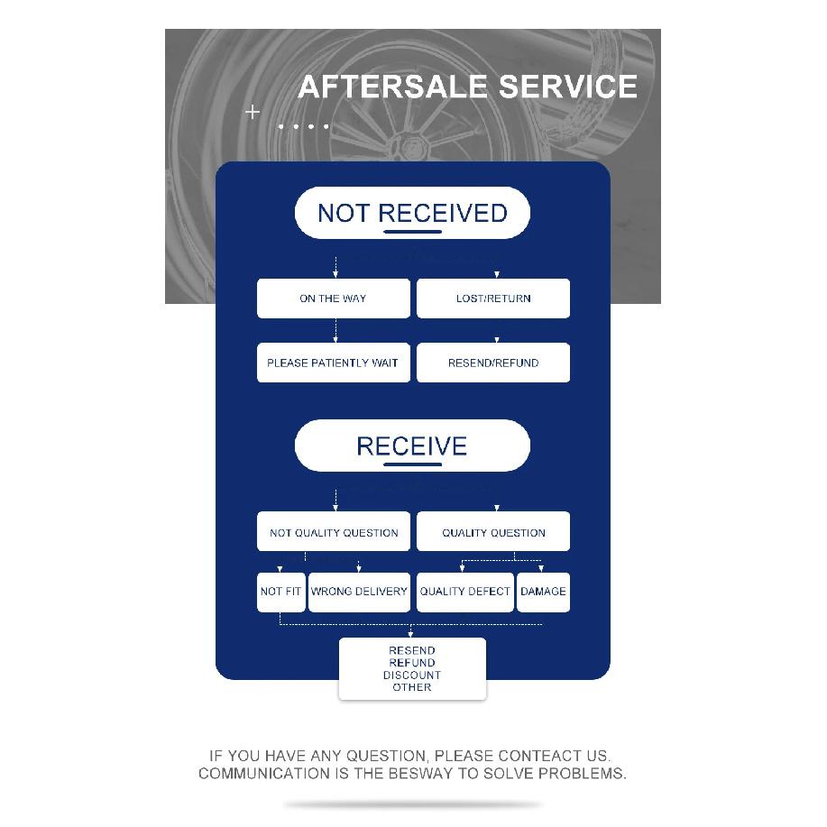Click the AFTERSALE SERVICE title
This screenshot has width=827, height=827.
tap(467, 87)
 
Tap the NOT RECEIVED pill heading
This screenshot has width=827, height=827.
tap(412, 213)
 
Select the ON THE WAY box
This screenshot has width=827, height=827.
tap(334, 299)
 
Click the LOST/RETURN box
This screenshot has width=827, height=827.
tap(493, 299)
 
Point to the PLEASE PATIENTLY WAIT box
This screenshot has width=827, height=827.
tap(334, 363)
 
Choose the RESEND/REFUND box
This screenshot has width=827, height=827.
tap(493, 363)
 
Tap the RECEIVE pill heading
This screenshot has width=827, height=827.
tap(412, 446)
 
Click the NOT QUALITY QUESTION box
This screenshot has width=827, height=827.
tap(334, 532)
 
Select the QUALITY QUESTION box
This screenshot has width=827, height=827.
tap(493, 532)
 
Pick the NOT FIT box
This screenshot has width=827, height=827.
tap(281, 593)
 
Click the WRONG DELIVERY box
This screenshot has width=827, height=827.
tap(359, 593)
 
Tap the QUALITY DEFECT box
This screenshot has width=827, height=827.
tap(465, 593)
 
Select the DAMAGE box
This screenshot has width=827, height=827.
tap(543, 593)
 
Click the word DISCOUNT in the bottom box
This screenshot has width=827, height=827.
tap(412, 675)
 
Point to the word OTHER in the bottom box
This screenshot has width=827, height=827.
tap(412, 687)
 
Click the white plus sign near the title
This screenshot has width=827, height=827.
tap(253, 112)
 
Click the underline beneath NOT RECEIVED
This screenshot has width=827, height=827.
tap(412, 232)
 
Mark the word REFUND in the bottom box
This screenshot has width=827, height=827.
tap(412, 663)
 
